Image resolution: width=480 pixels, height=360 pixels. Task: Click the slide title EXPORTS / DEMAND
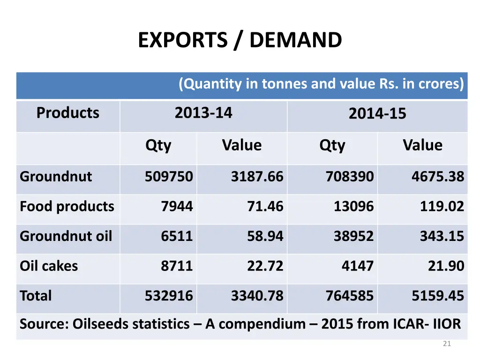[240, 40]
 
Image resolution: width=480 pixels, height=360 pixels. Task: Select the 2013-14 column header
[203, 113]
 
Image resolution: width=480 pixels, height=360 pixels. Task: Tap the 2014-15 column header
[377, 114]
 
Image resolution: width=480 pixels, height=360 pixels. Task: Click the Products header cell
[68, 113]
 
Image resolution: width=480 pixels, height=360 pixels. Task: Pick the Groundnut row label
[56, 177]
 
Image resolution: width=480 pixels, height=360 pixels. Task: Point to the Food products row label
[67, 207]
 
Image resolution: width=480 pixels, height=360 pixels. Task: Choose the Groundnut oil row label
[66, 236]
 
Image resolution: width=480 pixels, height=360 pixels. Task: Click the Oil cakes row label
[49, 266]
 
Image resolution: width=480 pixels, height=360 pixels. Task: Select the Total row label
[36, 296]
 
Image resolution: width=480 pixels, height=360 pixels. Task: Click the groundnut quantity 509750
[169, 177]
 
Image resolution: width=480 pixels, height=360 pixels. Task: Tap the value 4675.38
[438, 177]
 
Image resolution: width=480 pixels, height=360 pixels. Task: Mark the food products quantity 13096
[354, 207]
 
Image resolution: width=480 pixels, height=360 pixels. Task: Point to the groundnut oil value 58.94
[265, 236]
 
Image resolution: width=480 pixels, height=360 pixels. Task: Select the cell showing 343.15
[442, 236]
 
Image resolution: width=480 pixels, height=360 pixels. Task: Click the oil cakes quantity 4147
[358, 266]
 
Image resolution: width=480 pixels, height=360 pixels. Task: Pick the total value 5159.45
[438, 296]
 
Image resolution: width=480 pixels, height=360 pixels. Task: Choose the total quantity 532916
[169, 296]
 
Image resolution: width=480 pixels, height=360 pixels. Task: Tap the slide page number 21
[447, 344]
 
